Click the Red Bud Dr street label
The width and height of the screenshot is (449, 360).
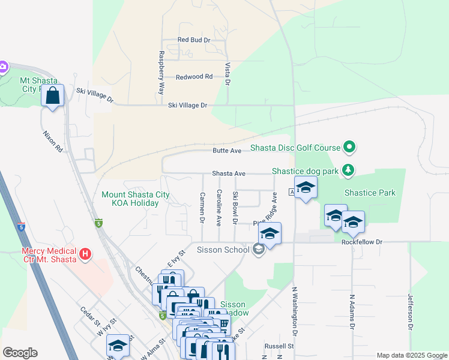point(194,40)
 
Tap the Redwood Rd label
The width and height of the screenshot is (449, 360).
point(194,77)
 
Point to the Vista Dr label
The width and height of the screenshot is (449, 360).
point(228,73)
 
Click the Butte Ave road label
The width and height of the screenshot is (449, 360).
point(227,151)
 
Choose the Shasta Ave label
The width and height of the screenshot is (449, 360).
point(229,173)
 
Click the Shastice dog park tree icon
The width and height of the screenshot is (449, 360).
point(348,171)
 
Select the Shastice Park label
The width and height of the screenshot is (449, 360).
point(370,193)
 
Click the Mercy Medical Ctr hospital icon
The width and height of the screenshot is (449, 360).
point(86,255)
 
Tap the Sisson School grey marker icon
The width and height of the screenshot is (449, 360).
point(259,249)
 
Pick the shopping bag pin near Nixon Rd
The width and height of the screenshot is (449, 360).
point(52,95)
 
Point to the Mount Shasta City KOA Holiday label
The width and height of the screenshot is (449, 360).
point(135,199)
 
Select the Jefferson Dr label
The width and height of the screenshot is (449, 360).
point(411,312)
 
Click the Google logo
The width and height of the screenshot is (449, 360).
point(20,353)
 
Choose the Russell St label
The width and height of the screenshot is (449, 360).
point(279,346)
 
